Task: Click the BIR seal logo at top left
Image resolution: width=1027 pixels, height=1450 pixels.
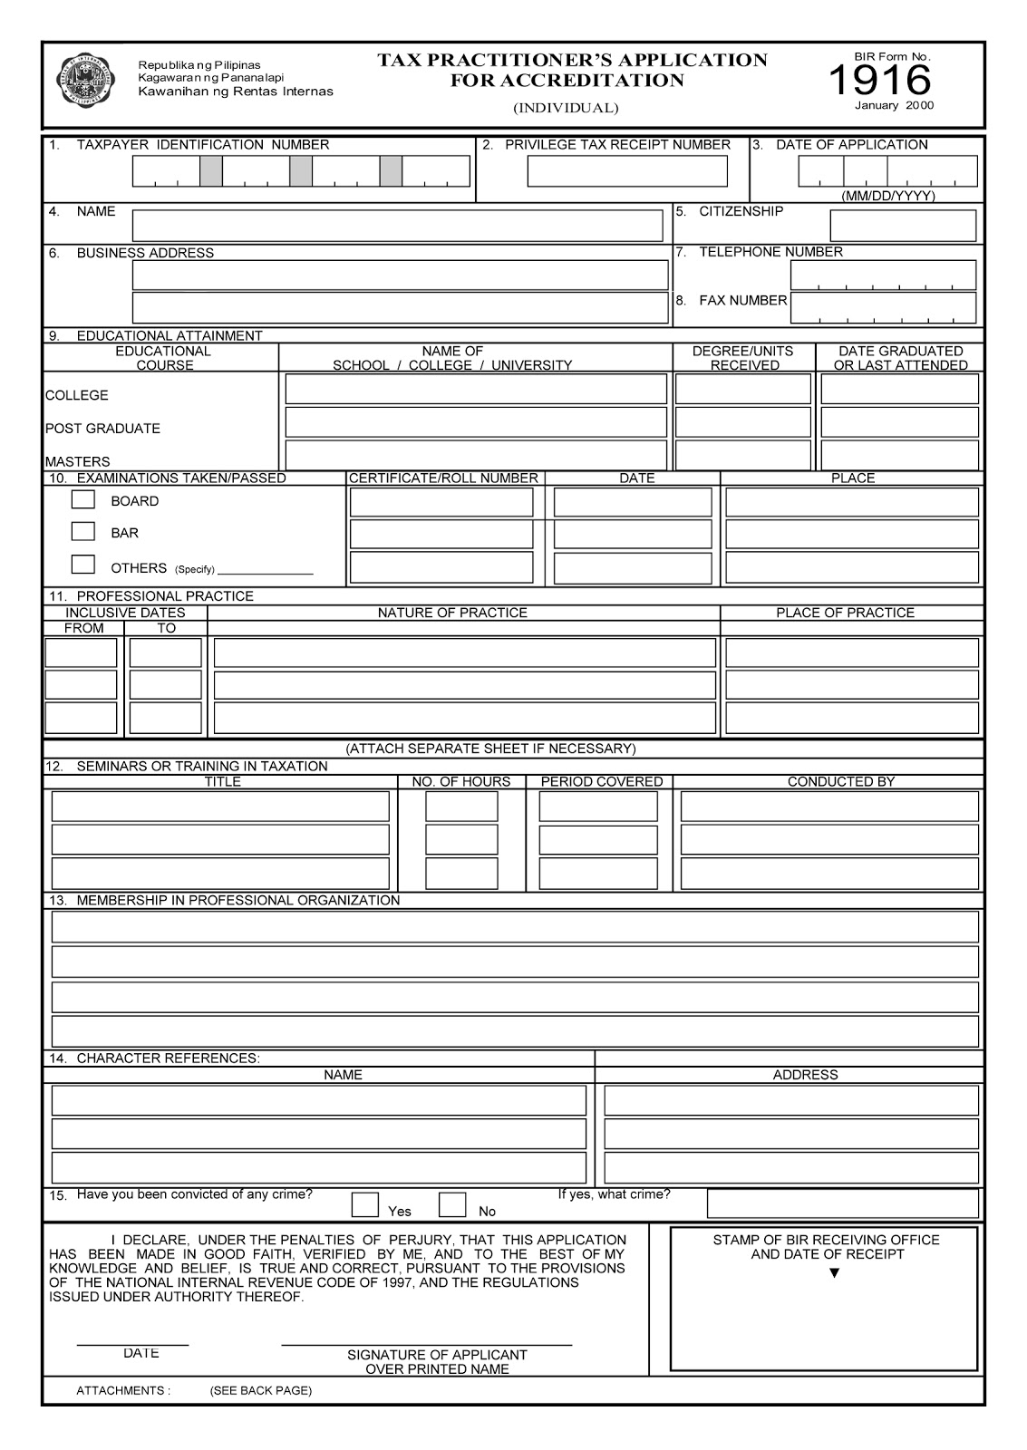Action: (87, 80)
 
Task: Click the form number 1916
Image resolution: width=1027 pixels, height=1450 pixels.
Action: (879, 81)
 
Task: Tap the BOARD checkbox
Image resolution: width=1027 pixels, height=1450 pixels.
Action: (83, 499)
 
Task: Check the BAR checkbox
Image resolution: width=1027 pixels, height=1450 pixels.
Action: (83, 531)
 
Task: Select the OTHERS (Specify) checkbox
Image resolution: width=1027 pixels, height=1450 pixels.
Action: (83, 564)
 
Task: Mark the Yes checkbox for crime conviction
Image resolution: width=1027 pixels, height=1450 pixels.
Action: (365, 1204)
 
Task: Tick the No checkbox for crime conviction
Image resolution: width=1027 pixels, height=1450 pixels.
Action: (452, 1204)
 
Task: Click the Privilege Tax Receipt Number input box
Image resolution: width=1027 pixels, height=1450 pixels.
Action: (627, 171)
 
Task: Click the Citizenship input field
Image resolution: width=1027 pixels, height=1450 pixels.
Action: (903, 226)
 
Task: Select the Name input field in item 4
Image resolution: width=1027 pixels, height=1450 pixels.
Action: (397, 226)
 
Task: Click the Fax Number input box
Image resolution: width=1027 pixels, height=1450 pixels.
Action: (884, 307)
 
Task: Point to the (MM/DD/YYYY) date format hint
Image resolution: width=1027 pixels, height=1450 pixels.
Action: (887, 196)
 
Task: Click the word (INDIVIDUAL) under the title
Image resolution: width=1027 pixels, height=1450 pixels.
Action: (566, 108)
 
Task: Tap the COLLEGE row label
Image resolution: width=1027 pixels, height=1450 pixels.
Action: (77, 395)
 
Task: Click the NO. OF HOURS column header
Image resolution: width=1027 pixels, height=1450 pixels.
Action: (460, 781)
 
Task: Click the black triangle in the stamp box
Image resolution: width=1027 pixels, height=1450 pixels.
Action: (834, 1273)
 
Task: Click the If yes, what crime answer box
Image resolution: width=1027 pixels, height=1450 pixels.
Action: (843, 1203)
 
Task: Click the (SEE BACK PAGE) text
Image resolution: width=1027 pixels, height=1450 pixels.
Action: (260, 1390)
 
